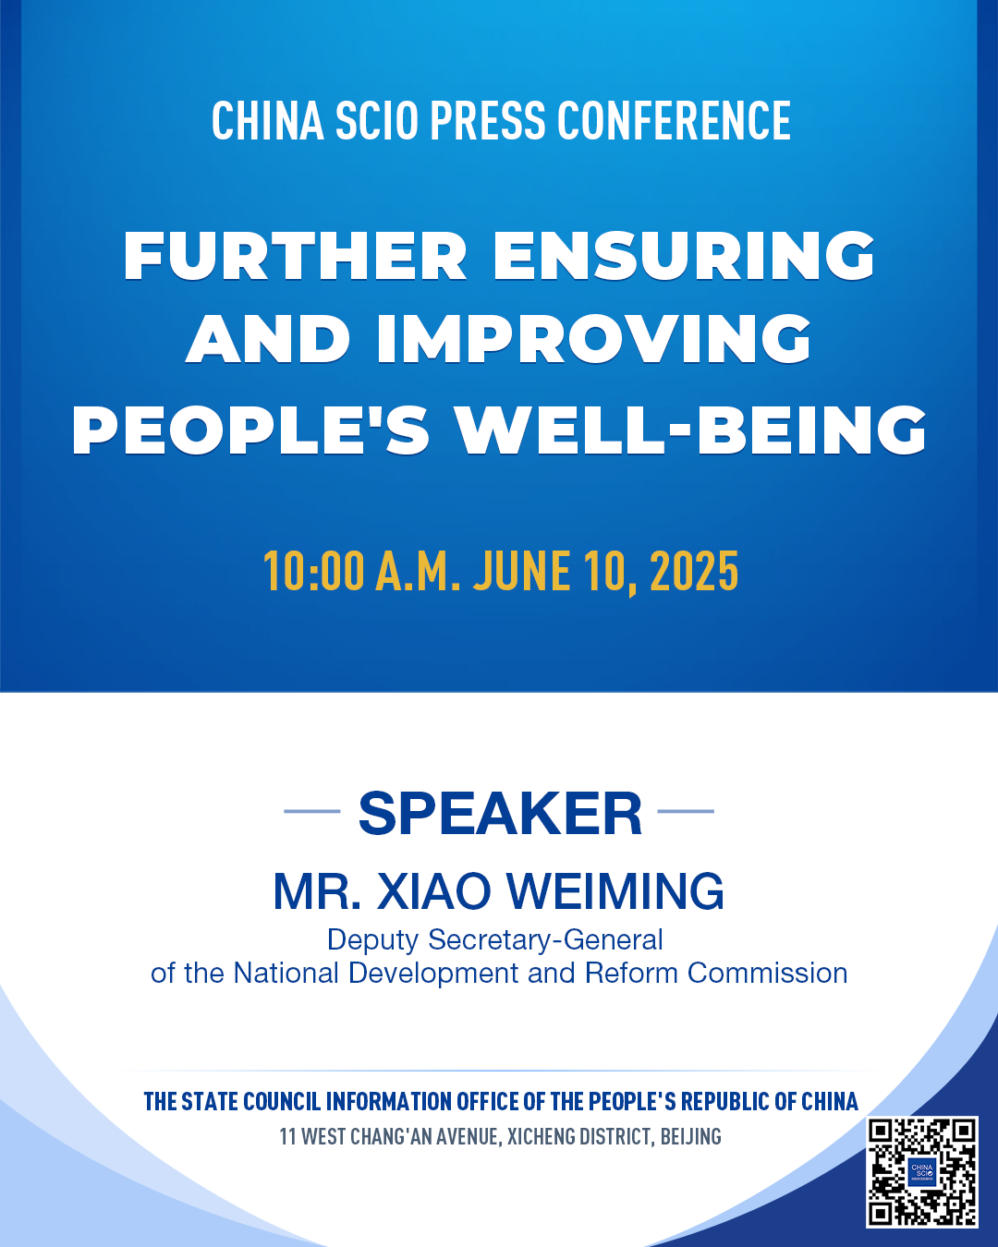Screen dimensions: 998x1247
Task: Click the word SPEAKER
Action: tap(500, 813)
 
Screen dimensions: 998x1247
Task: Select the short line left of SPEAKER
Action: tap(312, 811)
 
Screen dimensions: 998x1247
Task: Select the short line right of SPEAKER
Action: tap(686, 811)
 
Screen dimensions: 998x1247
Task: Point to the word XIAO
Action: tap(434, 891)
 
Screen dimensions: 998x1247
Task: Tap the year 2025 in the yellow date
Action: tap(694, 571)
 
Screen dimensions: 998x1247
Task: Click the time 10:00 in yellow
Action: tap(314, 571)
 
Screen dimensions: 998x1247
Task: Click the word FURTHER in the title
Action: tap(295, 256)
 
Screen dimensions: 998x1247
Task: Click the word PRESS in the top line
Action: tap(488, 120)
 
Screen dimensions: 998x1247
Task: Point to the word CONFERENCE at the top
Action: tap(674, 120)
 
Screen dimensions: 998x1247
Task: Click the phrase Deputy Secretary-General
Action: tap(494, 940)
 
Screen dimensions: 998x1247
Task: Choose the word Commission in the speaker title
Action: tap(767, 973)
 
